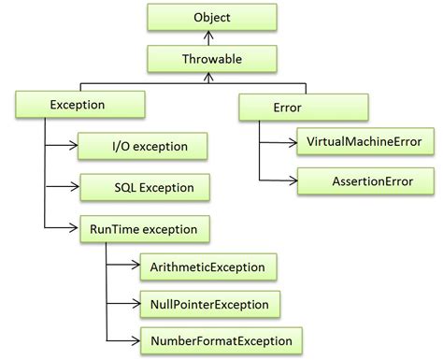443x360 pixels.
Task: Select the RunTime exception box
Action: click(x=136, y=227)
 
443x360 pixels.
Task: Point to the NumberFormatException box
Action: click(x=221, y=340)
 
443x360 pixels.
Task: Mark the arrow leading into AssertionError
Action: click(x=279, y=180)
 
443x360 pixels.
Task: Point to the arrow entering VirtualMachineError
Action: click(x=279, y=142)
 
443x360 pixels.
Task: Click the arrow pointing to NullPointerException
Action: click(x=123, y=304)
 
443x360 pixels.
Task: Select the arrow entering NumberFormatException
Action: click(x=123, y=340)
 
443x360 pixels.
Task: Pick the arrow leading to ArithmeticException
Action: click(x=123, y=266)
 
